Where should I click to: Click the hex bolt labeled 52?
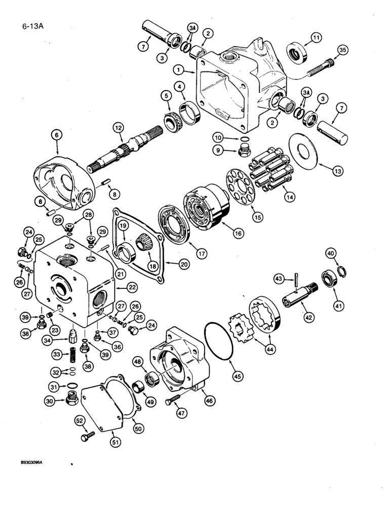pyautogui.click(x=88, y=436)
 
